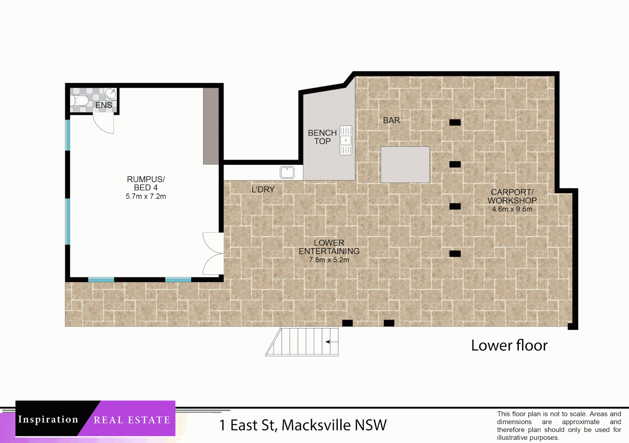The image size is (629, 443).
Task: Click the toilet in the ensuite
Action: point(79,100)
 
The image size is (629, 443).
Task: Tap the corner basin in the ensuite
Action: point(110,94)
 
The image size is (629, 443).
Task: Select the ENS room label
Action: point(104,105)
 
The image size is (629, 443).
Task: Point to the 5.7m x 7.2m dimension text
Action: point(146,196)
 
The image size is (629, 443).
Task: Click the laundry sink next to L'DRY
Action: point(287,172)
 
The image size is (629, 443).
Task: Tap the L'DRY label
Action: point(263,190)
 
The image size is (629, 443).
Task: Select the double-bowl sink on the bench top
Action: point(346,140)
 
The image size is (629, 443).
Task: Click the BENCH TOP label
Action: point(322,137)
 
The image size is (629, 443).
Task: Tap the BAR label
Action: point(391,120)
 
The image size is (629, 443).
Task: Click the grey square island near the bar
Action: point(405,164)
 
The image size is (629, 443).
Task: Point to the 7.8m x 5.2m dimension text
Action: point(329,260)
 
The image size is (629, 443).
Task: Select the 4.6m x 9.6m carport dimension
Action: point(512,209)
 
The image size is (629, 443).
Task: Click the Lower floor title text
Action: point(509,345)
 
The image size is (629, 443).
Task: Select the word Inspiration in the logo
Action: point(48,419)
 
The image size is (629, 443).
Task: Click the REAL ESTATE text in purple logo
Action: point(131,420)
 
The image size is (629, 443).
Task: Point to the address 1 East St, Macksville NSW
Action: point(303,425)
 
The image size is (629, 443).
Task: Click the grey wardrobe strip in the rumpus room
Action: point(211,126)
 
